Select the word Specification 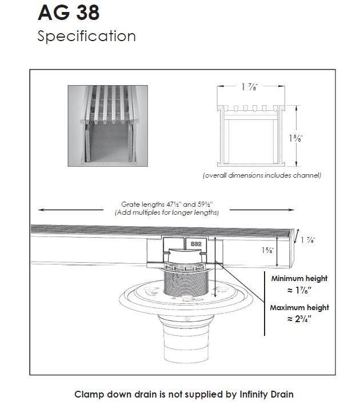click(x=86, y=37)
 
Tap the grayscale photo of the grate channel click(x=108, y=126)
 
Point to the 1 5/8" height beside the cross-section click(x=297, y=138)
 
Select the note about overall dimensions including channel click(x=262, y=175)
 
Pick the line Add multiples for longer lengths click(x=166, y=212)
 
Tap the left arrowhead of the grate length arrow click(x=38, y=210)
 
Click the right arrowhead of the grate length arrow click(x=294, y=210)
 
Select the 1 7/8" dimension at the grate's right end click(x=309, y=240)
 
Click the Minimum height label click(x=299, y=279)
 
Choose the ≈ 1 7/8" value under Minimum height click(x=299, y=291)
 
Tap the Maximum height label click(x=299, y=308)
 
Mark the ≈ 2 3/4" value click(x=299, y=320)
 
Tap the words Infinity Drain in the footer click(x=266, y=394)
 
